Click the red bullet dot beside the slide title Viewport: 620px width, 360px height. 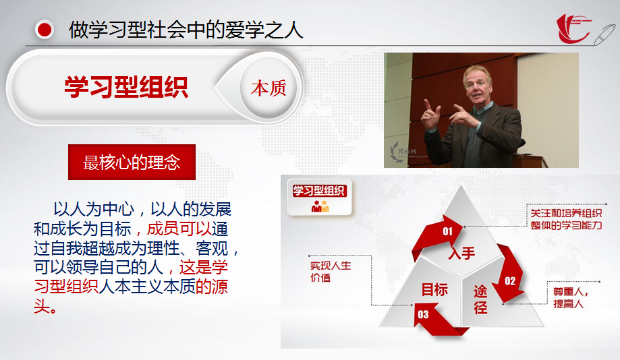pos(45,30)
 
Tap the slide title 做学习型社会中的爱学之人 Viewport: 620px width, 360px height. pos(186,30)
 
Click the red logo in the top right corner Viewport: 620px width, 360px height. pos(573,28)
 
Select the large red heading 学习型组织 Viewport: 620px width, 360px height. pos(126,88)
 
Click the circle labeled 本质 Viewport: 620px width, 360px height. pos(269,88)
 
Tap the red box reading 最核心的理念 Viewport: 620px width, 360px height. pos(132,162)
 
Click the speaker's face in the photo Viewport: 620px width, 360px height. pos(479,88)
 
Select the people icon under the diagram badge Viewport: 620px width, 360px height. pos(320,206)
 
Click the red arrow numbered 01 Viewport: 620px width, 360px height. pos(437,236)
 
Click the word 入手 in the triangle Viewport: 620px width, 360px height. pos(461,253)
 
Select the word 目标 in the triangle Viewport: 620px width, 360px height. pos(434,290)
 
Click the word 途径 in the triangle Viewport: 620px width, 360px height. pos(480,299)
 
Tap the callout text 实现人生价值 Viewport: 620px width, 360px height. pos(331,272)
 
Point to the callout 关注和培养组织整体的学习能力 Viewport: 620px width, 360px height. pos(566,219)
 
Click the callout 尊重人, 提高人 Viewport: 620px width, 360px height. pos(571,297)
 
